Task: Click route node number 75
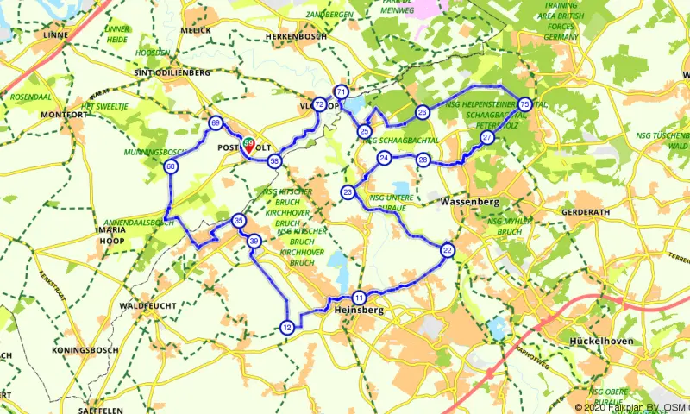point(524,104)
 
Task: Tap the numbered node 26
point(423,112)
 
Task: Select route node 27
point(487,138)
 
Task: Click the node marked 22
point(447,250)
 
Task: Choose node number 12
point(287,327)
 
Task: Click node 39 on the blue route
point(254,241)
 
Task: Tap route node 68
point(172,166)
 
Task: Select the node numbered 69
point(215,122)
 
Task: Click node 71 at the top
point(342,91)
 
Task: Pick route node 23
point(348,191)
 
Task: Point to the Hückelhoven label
point(602,342)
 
